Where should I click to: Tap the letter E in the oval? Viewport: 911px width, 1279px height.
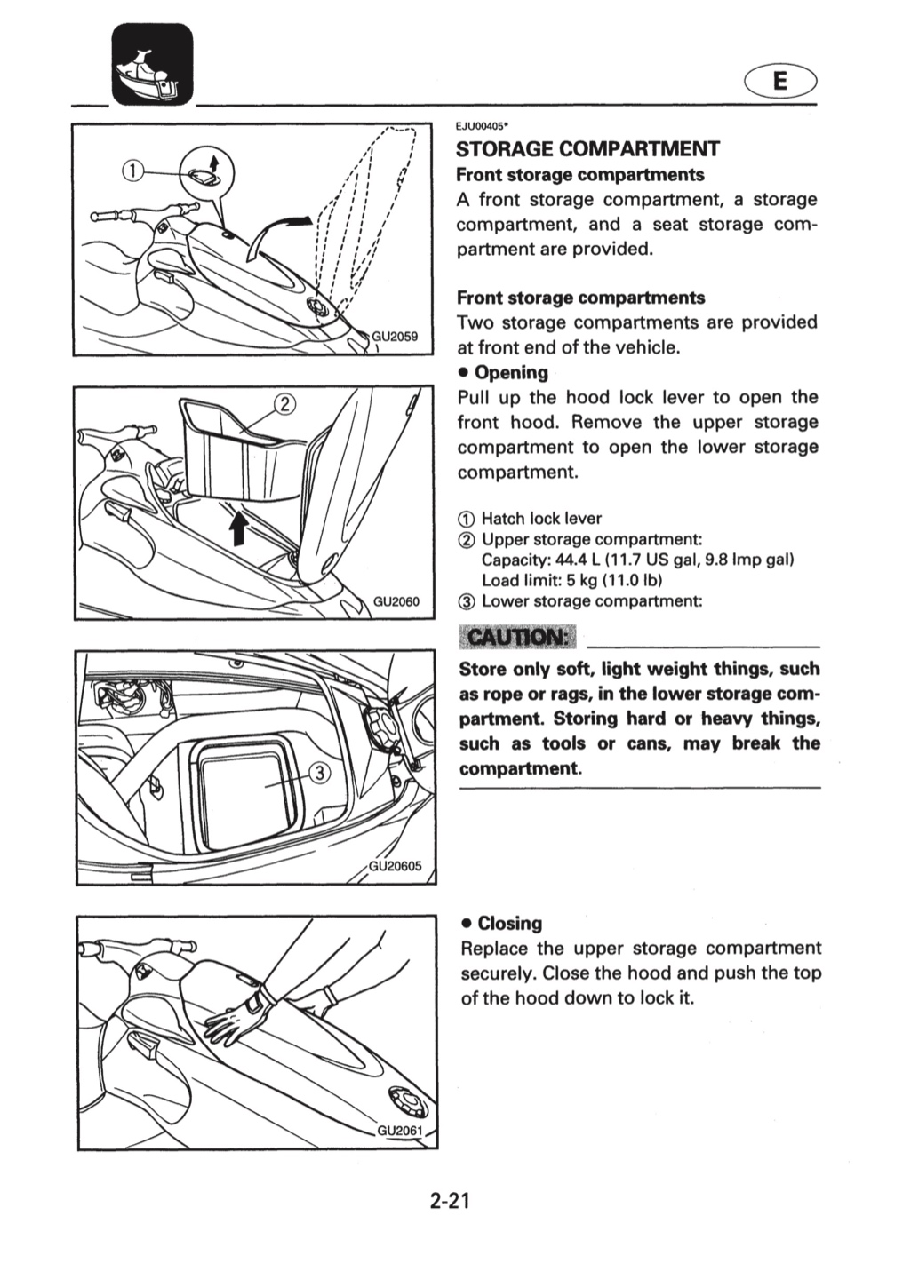click(780, 82)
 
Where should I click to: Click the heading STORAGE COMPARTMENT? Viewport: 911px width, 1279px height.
click(587, 149)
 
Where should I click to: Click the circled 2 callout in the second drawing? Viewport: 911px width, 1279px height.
click(284, 404)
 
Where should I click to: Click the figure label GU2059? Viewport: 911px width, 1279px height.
click(395, 337)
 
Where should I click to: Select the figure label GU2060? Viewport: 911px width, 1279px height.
click(396, 601)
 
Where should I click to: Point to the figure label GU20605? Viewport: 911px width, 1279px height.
click(395, 866)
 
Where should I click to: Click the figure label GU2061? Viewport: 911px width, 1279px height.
click(399, 1130)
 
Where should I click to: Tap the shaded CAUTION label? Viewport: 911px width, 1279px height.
click(518, 637)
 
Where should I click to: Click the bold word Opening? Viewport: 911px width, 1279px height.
click(511, 372)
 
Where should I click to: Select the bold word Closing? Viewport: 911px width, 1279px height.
click(510, 924)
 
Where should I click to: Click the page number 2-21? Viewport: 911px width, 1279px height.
click(451, 1202)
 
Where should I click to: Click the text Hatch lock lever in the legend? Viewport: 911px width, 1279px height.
click(542, 519)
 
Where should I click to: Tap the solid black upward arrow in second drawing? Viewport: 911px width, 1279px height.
click(237, 527)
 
